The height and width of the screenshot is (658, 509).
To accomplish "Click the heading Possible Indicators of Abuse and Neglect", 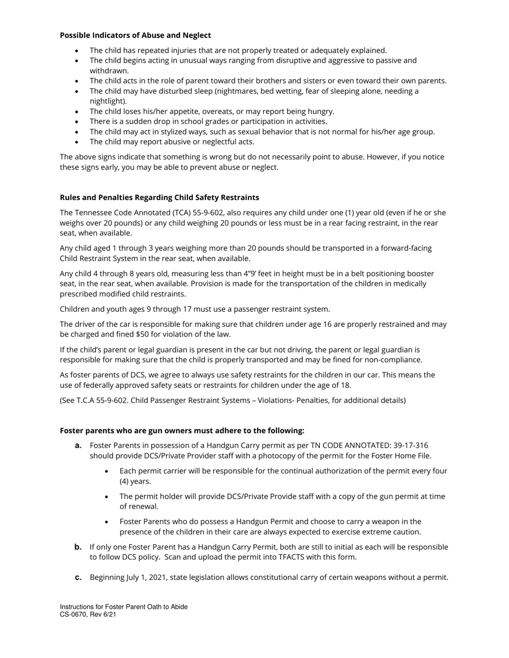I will coord(135,35).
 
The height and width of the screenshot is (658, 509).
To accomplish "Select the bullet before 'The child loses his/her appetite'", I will coord(77,112).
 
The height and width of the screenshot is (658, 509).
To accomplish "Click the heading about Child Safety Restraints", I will coord(159,197).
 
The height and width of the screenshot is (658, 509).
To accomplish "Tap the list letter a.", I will coord(78,446).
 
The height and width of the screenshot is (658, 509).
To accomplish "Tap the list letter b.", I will coord(78,547).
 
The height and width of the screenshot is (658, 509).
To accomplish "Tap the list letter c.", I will coord(78,578).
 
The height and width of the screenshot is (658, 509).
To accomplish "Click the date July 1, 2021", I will coord(155,578).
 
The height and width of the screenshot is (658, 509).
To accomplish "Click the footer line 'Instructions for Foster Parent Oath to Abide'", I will coord(123,607).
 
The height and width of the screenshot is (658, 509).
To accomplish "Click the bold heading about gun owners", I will coord(182,431).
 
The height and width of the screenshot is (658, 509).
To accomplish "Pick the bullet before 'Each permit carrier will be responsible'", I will coord(107,471).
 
